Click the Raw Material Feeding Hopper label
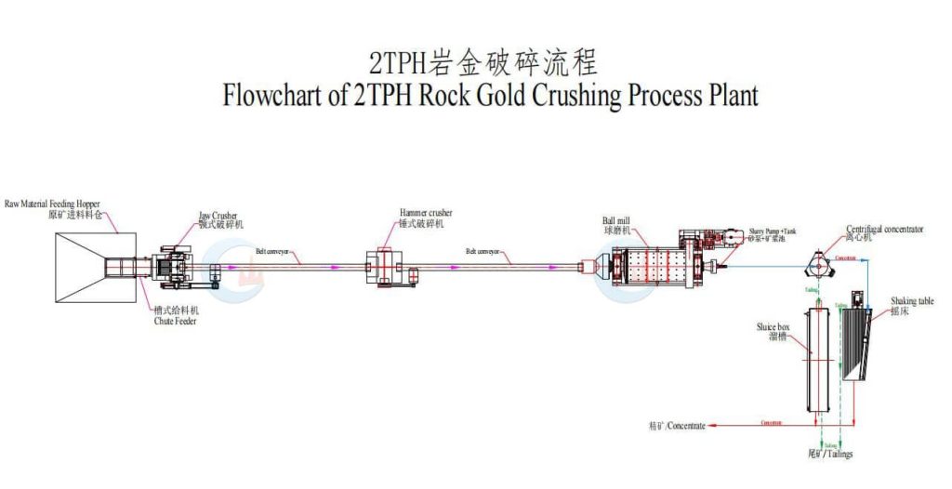coord(52,203)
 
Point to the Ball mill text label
coord(618,221)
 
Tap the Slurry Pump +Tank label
coord(773,230)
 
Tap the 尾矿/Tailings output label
coord(829,455)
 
